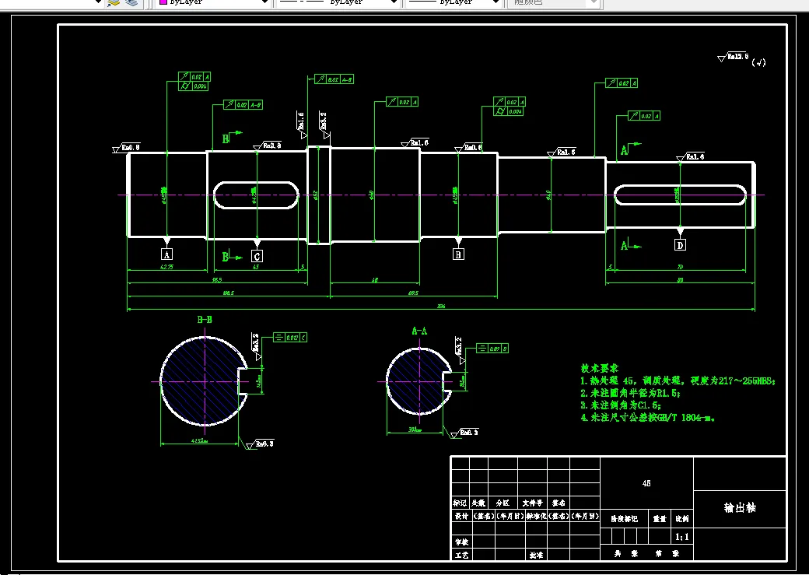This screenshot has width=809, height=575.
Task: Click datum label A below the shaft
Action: click(166, 254)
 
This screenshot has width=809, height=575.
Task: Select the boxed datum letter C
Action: click(257, 255)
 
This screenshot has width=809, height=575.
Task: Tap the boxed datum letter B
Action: click(458, 254)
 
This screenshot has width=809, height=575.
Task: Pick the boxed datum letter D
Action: click(681, 245)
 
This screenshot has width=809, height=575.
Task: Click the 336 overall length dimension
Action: click(441, 307)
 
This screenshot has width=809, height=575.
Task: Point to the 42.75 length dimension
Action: click(166, 267)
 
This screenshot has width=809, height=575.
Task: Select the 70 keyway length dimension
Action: click(681, 267)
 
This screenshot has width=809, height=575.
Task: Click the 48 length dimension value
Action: click(375, 280)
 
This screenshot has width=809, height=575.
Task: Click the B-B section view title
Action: click(205, 320)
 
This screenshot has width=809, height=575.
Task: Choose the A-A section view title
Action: click(419, 331)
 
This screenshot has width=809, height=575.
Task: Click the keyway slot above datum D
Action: click(680, 195)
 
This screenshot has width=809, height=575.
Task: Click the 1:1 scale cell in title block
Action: click(681, 536)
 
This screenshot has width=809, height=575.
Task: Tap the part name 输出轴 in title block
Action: click(739, 507)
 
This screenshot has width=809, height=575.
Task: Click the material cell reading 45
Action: click(646, 483)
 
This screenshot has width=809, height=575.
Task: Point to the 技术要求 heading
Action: click(599, 368)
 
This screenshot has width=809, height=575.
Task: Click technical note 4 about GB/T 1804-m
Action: click(647, 418)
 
